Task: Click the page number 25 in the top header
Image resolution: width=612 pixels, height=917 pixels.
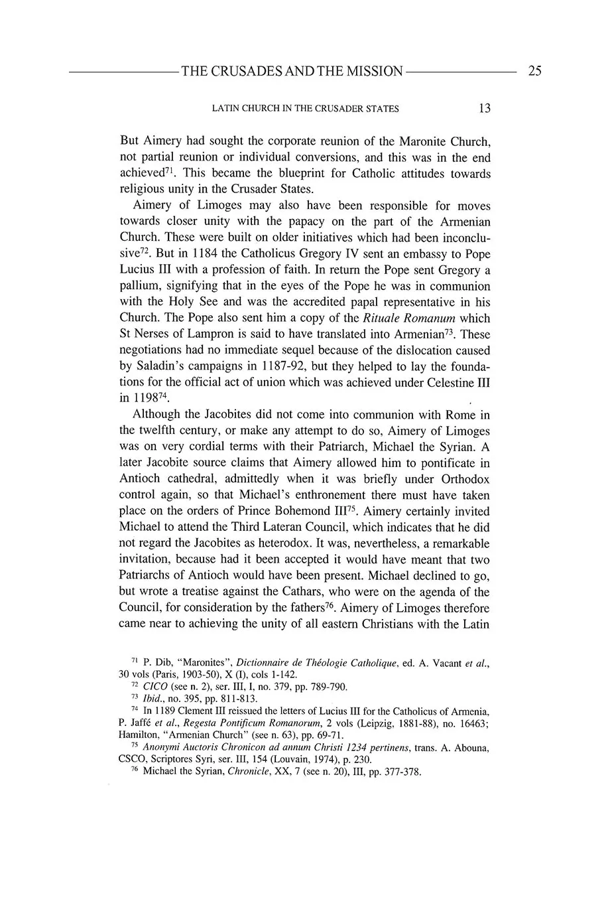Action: (x=534, y=71)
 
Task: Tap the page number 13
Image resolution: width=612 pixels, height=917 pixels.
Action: (x=484, y=108)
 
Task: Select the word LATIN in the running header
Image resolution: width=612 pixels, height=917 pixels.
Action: (x=226, y=109)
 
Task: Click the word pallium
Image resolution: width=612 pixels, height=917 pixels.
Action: (x=140, y=287)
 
